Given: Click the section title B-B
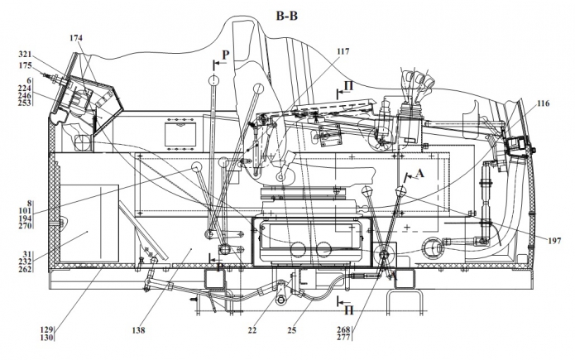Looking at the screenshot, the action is click(287, 16).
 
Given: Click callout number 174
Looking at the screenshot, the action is click(76, 37).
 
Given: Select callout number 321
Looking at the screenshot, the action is click(26, 55).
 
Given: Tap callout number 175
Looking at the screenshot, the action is click(26, 65).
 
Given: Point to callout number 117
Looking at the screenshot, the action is click(343, 51).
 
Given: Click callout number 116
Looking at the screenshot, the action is click(543, 103).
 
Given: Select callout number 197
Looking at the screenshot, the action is click(554, 241).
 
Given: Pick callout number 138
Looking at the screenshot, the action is click(138, 330).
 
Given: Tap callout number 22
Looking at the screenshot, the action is click(252, 330).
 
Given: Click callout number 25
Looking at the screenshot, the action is click(291, 330).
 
